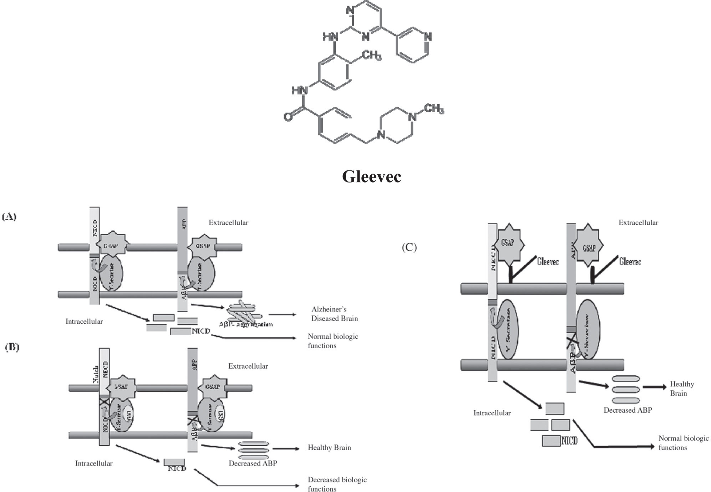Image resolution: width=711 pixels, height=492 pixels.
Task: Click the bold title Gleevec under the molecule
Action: (x=371, y=176)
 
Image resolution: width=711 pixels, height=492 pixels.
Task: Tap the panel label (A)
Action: (x=9, y=216)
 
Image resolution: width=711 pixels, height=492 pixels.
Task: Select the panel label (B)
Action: (x=12, y=347)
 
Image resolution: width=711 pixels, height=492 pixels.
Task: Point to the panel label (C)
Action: (x=409, y=247)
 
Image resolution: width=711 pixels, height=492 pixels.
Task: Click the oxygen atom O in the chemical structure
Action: (x=288, y=117)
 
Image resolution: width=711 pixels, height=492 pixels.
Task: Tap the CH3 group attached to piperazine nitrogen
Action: (x=434, y=108)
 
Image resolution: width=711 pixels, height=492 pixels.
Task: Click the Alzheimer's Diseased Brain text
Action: (x=334, y=314)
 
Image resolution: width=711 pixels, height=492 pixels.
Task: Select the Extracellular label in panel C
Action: (x=638, y=222)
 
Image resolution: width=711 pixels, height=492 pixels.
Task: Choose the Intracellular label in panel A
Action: (x=84, y=321)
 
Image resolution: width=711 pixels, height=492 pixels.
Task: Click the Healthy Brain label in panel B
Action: (x=329, y=447)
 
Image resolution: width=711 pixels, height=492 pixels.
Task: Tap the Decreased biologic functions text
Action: (x=337, y=484)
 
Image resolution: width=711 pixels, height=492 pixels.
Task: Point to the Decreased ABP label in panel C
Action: (x=627, y=410)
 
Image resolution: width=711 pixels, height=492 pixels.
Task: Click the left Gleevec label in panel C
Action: (x=548, y=262)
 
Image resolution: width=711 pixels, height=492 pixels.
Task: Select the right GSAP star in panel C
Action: (x=588, y=246)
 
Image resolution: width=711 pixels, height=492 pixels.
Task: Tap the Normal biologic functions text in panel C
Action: (x=683, y=443)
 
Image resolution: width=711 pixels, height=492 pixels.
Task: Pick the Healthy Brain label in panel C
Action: (x=681, y=389)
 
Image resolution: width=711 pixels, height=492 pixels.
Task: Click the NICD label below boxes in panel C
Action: (x=569, y=441)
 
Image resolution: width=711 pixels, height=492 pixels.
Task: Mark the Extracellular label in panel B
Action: (x=248, y=366)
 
